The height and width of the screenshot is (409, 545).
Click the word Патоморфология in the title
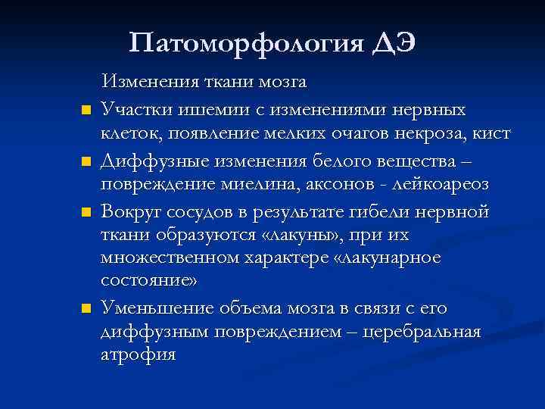246,42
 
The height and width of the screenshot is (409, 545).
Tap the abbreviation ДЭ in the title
394,42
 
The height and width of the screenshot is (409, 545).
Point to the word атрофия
139,356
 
